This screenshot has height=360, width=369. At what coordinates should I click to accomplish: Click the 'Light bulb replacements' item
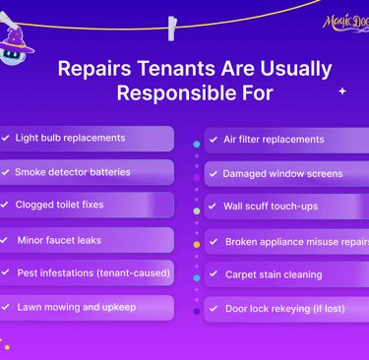point(70,139)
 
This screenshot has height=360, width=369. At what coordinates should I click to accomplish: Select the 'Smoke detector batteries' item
point(72,172)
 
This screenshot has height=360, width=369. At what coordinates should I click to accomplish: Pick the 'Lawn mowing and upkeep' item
point(76,307)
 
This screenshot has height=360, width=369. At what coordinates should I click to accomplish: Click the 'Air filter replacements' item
point(274,140)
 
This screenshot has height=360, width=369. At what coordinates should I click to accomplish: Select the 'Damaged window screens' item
point(282,174)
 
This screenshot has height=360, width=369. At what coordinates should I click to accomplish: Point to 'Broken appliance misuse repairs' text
point(295,242)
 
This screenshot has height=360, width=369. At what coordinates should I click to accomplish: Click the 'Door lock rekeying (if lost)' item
point(284,309)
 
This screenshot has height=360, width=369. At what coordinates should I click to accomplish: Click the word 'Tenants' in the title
point(168,69)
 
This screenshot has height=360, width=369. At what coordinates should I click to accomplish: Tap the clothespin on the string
point(172,27)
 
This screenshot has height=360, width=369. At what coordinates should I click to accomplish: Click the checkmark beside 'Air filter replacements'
point(214,140)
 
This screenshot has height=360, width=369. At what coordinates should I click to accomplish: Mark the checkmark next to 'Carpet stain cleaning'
point(214,274)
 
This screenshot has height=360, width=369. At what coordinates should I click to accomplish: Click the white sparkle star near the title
point(342,90)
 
